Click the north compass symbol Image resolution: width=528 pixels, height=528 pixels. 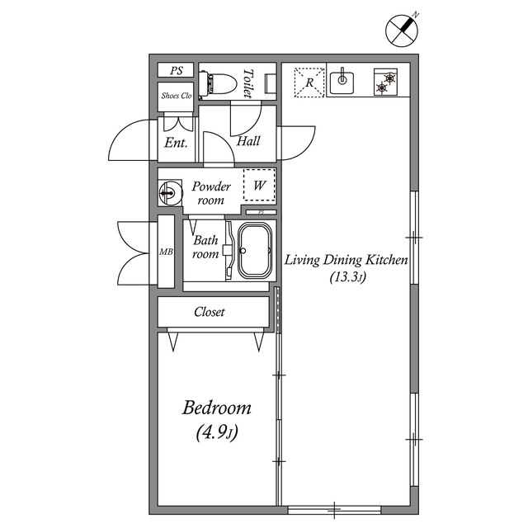click(402, 31)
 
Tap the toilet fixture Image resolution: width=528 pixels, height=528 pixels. click(217, 83)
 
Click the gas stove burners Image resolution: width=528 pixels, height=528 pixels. click(385, 82)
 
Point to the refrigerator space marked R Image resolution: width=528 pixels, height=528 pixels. click(309, 82)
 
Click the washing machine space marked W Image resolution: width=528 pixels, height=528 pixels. click(259, 185)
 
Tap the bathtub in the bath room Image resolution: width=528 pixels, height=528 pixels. click(255, 250)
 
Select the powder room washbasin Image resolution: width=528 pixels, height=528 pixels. click(170, 193)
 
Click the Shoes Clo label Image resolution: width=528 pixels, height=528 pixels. click(176, 96)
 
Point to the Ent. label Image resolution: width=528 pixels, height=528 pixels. click(176, 143)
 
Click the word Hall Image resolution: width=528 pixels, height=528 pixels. click(248, 141)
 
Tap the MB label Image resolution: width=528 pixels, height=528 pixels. click(166, 252)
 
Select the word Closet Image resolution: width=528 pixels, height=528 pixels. click(209, 312)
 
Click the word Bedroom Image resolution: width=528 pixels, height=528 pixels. click(217, 408)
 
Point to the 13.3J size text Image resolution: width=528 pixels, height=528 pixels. click(347, 277)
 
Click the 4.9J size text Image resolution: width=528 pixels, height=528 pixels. click(217, 432)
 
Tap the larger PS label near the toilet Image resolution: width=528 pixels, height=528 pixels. click(176, 70)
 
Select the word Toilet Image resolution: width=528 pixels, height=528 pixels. click(248, 83)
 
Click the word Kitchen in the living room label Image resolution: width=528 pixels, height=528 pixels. click(387, 260)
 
